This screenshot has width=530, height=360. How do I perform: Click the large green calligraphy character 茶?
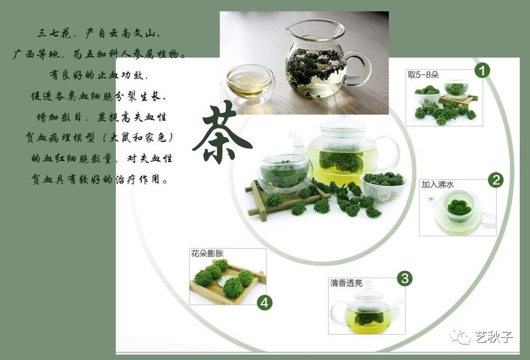(x=222, y=133)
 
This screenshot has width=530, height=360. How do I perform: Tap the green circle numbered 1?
(x=483, y=70)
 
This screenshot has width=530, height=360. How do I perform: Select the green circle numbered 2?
(x=496, y=180)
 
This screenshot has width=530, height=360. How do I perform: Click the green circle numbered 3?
(x=405, y=279)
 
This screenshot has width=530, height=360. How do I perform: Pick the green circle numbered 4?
(x=264, y=302)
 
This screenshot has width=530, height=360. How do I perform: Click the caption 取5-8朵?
(x=423, y=75)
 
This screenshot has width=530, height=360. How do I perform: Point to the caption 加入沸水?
(x=438, y=185)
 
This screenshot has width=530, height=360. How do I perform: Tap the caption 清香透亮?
(x=346, y=283)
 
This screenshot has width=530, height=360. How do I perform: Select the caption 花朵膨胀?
(x=207, y=253)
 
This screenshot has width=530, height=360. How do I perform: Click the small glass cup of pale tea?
(x=249, y=84)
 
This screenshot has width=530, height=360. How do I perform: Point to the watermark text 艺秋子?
(x=494, y=337)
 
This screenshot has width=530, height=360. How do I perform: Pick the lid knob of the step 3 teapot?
(x=368, y=286)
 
